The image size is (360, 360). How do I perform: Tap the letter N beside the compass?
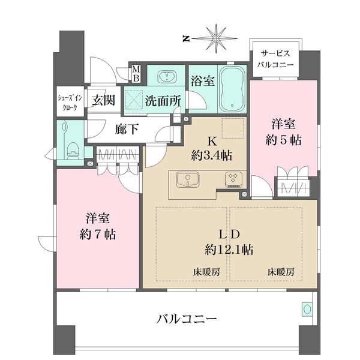tap(186, 38)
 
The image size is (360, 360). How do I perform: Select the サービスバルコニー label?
tap(275, 58)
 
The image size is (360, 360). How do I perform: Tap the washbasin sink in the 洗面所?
tap(164, 77)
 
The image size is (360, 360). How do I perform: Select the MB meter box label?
tap(136, 74)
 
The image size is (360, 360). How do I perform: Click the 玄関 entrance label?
tap(104, 100)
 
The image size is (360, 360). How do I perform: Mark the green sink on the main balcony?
tap(307, 309)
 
